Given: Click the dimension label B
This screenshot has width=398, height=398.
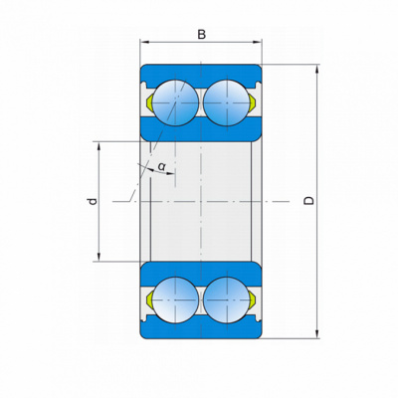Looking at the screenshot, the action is pos(201,34).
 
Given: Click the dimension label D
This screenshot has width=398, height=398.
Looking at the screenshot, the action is pos(308,201).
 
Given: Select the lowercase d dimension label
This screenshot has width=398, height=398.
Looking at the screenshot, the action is pos(94,201).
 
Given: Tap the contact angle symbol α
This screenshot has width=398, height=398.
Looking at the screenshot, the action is pos(161,166).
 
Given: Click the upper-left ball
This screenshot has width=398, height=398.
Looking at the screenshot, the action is pos(174,102).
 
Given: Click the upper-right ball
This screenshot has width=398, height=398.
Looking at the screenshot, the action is pos(227,102).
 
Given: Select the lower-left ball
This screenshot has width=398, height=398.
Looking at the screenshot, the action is pos(174,299).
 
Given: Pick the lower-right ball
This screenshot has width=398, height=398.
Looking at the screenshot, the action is pos(227,299).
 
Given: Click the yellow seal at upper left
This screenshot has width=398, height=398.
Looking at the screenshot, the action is pos(149,102).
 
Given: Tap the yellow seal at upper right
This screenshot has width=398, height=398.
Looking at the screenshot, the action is pos(252,102).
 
